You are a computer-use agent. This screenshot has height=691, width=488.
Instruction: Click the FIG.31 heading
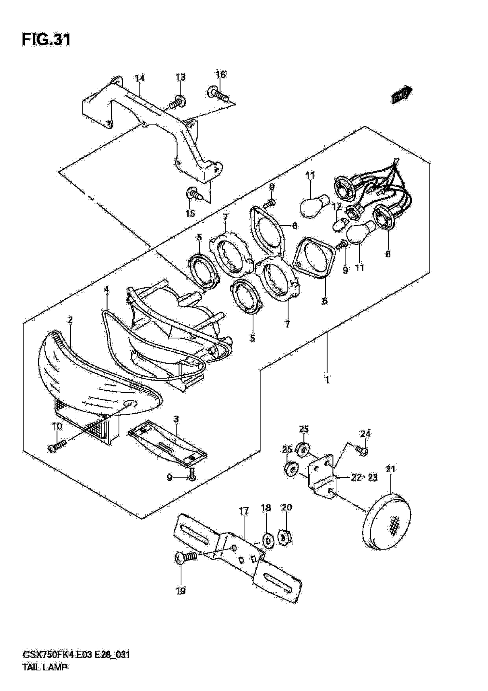point(46,40)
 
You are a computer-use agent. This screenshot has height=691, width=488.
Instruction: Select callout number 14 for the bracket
point(140,79)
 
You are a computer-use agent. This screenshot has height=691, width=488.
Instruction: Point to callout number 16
point(221,75)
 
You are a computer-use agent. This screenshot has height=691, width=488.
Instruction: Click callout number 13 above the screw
point(181,78)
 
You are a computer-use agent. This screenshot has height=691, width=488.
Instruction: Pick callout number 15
point(190,214)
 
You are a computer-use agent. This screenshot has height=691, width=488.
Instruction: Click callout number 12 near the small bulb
point(337,207)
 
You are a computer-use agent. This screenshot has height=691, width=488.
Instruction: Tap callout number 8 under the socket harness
point(388,254)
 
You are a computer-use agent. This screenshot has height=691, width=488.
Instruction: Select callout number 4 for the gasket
point(106,289)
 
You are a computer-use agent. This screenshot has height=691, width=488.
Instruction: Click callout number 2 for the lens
point(70,320)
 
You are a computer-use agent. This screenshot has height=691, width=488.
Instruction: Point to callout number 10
point(57,426)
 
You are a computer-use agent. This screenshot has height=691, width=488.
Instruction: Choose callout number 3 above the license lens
point(176,419)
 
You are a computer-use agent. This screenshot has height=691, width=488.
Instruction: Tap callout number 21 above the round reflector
point(391,469)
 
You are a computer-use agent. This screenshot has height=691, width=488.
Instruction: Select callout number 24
point(365,434)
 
